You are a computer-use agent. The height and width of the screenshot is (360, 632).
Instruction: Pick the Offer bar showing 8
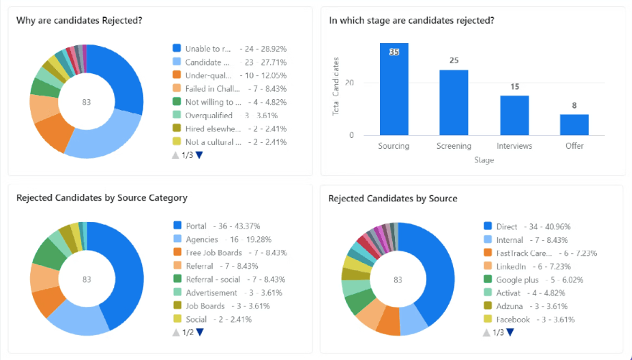click(x=575, y=124)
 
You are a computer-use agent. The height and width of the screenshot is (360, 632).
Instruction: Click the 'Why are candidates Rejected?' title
click(x=79, y=20)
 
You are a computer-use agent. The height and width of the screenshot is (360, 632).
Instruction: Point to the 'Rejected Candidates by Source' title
click(x=393, y=198)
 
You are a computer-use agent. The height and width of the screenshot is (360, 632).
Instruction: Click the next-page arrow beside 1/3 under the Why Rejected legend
click(x=200, y=155)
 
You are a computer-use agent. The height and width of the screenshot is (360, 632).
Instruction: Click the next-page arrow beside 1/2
click(x=200, y=332)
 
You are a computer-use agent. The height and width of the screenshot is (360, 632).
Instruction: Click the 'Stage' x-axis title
click(x=484, y=160)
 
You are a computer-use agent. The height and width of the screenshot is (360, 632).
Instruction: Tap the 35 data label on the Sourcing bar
click(x=394, y=52)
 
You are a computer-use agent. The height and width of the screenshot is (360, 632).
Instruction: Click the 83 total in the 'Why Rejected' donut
click(x=86, y=102)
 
